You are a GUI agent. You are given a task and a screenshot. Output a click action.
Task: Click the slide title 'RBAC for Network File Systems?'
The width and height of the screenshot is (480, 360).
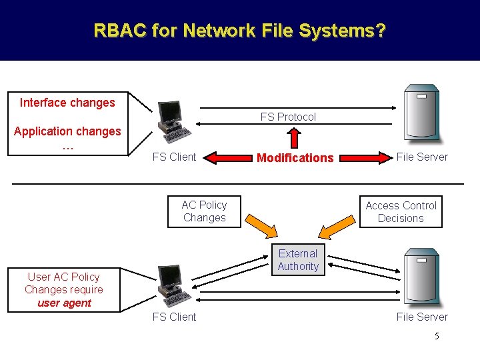pyautogui.click(x=239, y=31)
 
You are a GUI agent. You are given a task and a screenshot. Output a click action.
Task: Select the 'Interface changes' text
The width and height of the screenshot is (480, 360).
pyautogui.click(x=67, y=103)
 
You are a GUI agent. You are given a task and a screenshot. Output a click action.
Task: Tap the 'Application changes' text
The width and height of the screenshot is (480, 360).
pyautogui.click(x=67, y=131)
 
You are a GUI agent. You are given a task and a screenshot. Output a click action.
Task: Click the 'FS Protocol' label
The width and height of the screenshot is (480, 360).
pyautogui.click(x=288, y=117)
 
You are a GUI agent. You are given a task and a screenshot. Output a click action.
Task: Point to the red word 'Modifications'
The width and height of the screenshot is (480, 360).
pyautogui.click(x=295, y=158)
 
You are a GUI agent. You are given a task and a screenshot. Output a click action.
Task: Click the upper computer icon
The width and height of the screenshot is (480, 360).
pyautogui.click(x=171, y=121)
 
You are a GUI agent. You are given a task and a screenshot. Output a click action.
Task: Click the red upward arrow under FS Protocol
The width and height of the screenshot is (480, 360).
pyautogui.click(x=294, y=137)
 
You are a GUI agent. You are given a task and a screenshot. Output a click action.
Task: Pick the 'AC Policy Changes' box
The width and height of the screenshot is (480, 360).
pyautogui.click(x=204, y=211)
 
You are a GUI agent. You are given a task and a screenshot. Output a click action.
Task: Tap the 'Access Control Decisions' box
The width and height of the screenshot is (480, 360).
pyautogui.click(x=401, y=212)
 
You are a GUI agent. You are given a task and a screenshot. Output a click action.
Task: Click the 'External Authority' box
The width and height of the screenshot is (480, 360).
pyautogui.click(x=298, y=260)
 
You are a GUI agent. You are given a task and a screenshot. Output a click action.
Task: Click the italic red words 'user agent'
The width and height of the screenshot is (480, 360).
pyautogui.click(x=64, y=303)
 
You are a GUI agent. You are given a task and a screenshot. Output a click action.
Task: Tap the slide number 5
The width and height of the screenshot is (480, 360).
pyautogui.click(x=437, y=337)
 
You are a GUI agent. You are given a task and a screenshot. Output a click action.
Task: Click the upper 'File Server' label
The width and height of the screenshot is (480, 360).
pyautogui.click(x=422, y=157)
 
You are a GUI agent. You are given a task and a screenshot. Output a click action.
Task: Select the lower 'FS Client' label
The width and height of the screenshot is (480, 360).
pyautogui.click(x=174, y=317)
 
